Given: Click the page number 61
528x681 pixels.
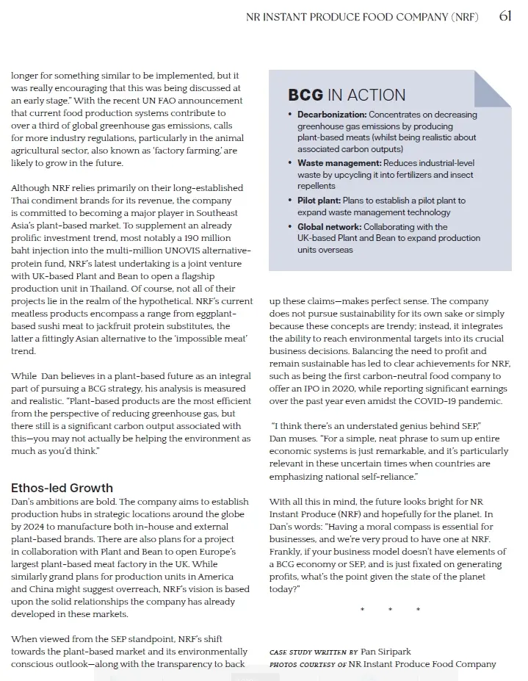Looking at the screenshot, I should pyautogui.click(x=505, y=16).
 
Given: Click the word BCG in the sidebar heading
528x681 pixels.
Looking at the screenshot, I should pyautogui.click(x=305, y=95).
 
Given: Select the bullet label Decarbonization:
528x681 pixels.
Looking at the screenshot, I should pyautogui.click(x=332, y=115).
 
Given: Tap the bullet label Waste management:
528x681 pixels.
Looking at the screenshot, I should pyautogui.click(x=339, y=163).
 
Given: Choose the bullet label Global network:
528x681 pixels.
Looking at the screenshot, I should pyautogui.click(x=329, y=227).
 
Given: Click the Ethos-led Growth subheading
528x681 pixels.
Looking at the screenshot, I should pyautogui.click(x=62, y=488).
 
